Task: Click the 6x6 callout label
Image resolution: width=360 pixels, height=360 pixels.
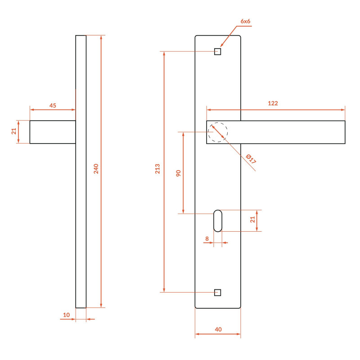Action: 245,21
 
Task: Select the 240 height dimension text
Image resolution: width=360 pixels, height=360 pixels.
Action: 96,169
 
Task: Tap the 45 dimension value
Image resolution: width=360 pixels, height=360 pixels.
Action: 53,106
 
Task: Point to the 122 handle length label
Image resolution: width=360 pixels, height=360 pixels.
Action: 273,103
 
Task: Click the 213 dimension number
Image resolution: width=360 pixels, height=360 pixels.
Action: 157,169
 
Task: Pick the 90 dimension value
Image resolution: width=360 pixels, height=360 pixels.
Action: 178,173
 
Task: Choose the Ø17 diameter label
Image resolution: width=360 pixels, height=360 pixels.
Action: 251,159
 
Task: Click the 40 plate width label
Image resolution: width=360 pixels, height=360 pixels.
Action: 218,329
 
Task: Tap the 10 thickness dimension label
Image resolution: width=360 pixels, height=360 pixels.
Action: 66,315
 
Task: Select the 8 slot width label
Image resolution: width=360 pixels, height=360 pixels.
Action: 207,239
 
